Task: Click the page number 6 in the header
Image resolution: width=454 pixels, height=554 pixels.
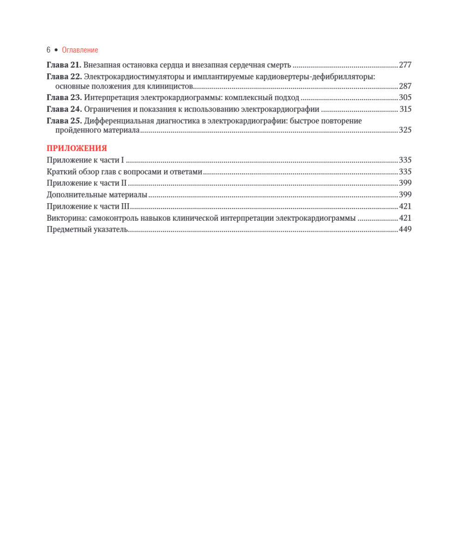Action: pyautogui.click(x=49, y=50)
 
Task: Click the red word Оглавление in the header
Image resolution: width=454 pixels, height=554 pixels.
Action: pyautogui.click(x=80, y=50)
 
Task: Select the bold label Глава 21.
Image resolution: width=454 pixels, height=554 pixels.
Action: pyautogui.click(x=64, y=65)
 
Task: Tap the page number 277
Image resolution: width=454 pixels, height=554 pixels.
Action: pyautogui.click(x=405, y=65)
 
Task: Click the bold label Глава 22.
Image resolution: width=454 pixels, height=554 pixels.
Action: pyautogui.click(x=64, y=76)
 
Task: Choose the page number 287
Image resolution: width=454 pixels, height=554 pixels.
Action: pyautogui.click(x=405, y=86)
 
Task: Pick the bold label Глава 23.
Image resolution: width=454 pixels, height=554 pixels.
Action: pyautogui.click(x=64, y=97)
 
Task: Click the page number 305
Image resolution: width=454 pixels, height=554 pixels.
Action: pyautogui.click(x=405, y=97)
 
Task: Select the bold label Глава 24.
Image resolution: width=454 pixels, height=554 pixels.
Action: pyautogui.click(x=64, y=109)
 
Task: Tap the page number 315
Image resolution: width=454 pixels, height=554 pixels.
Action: pyautogui.click(x=405, y=109)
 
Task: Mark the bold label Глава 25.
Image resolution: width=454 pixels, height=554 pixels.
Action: pyautogui.click(x=64, y=120)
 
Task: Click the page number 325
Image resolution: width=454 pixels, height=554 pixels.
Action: pyautogui.click(x=405, y=130)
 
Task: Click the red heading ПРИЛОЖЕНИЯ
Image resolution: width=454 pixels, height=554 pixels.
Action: pyautogui.click(x=77, y=148)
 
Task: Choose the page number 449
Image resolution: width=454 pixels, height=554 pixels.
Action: pyautogui.click(x=405, y=229)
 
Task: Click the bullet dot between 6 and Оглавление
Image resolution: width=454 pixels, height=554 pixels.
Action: pyautogui.click(x=56, y=50)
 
